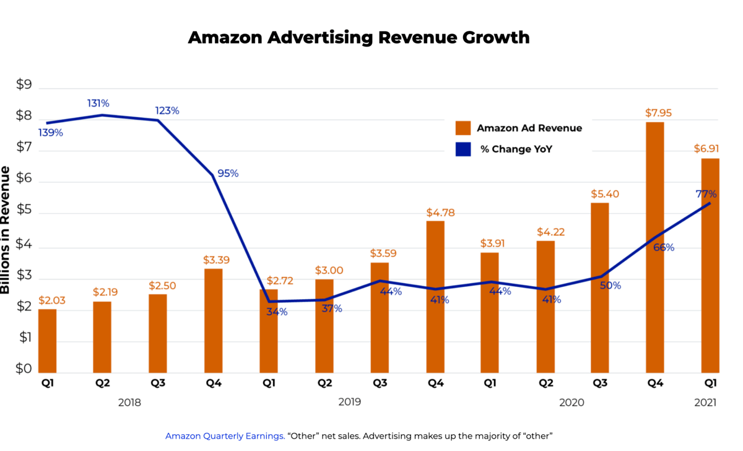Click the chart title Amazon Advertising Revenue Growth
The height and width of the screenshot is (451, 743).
(x=358, y=37)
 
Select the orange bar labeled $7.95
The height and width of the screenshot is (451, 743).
(x=654, y=248)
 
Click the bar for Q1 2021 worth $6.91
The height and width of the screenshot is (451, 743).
(x=710, y=266)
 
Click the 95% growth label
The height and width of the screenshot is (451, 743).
(x=227, y=173)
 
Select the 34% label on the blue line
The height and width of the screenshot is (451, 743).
(x=277, y=312)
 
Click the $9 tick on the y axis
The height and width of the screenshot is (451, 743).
(x=24, y=85)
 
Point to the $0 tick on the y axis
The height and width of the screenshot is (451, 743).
(x=24, y=369)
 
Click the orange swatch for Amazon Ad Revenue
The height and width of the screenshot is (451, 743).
(x=463, y=128)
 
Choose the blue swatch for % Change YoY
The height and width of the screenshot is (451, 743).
(x=463, y=149)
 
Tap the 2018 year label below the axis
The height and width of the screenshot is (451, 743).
(x=129, y=402)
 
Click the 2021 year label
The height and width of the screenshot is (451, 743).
(x=705, y=402)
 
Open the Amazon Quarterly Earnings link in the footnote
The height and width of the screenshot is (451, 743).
(x=225, y=436)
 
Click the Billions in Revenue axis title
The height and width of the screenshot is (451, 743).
(x=6, y=229)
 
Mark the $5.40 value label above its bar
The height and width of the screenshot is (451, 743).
(x=604, y=194)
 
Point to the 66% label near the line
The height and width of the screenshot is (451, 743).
(x=663, y=247)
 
